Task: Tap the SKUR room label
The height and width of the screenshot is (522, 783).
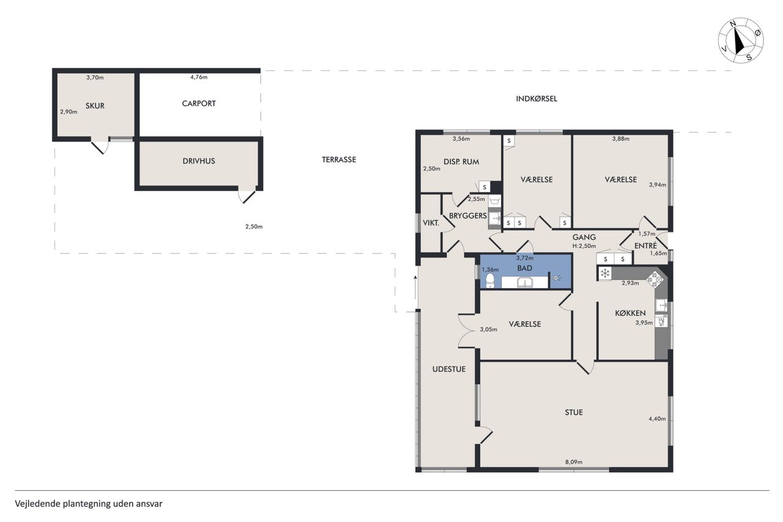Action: [x=95, y=106]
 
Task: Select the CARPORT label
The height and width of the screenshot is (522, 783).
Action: [x=199, y=103]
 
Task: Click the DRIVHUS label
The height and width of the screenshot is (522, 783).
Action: [x=199, y=161]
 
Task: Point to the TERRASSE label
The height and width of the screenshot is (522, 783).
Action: [x=339, y=160]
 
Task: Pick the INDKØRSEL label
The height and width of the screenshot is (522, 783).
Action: [x=536, y=99]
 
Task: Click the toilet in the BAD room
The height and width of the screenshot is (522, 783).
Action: [x=490, y=280]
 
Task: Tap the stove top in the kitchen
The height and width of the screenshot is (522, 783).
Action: [x=655, y=279]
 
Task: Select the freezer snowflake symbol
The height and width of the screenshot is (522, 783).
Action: [x=605, y=273]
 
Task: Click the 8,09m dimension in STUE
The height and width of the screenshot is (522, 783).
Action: [x=574, y=462]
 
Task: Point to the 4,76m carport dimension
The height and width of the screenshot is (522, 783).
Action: [x=199, y=77]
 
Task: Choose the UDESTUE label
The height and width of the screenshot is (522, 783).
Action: [x=449, y=369]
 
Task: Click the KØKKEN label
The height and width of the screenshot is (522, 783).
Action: [x=630, y=313]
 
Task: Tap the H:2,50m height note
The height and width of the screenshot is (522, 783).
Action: [x=584, y=246]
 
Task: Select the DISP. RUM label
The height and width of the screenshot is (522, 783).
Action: [x=461, y=162]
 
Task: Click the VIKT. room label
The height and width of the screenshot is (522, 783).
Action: [x=431, y=223]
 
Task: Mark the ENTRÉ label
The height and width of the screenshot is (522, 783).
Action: [x=645, y=246]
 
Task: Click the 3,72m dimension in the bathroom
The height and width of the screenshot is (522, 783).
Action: [x=525, y=258]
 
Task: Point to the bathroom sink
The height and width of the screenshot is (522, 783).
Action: [x=525, y=283]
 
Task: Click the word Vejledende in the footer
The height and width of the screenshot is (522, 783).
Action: [x=38, y=504]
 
